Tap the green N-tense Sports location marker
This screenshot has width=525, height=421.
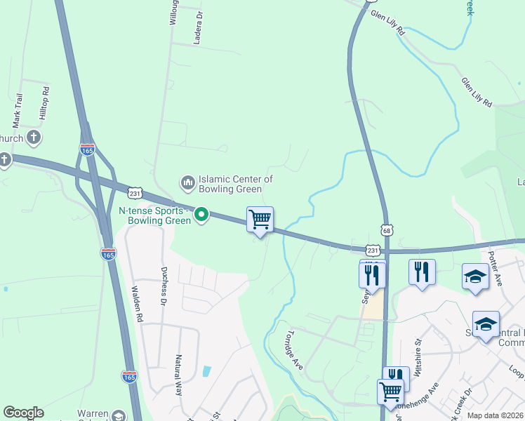pos(201,215)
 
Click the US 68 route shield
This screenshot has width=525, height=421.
pos(387,229)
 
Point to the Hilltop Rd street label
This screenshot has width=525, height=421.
pos(45,103)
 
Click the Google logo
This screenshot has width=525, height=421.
pos(23,413)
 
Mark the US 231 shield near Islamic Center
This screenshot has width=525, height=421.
pos(135,192)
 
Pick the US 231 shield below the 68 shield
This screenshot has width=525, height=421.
pos(373,250)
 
